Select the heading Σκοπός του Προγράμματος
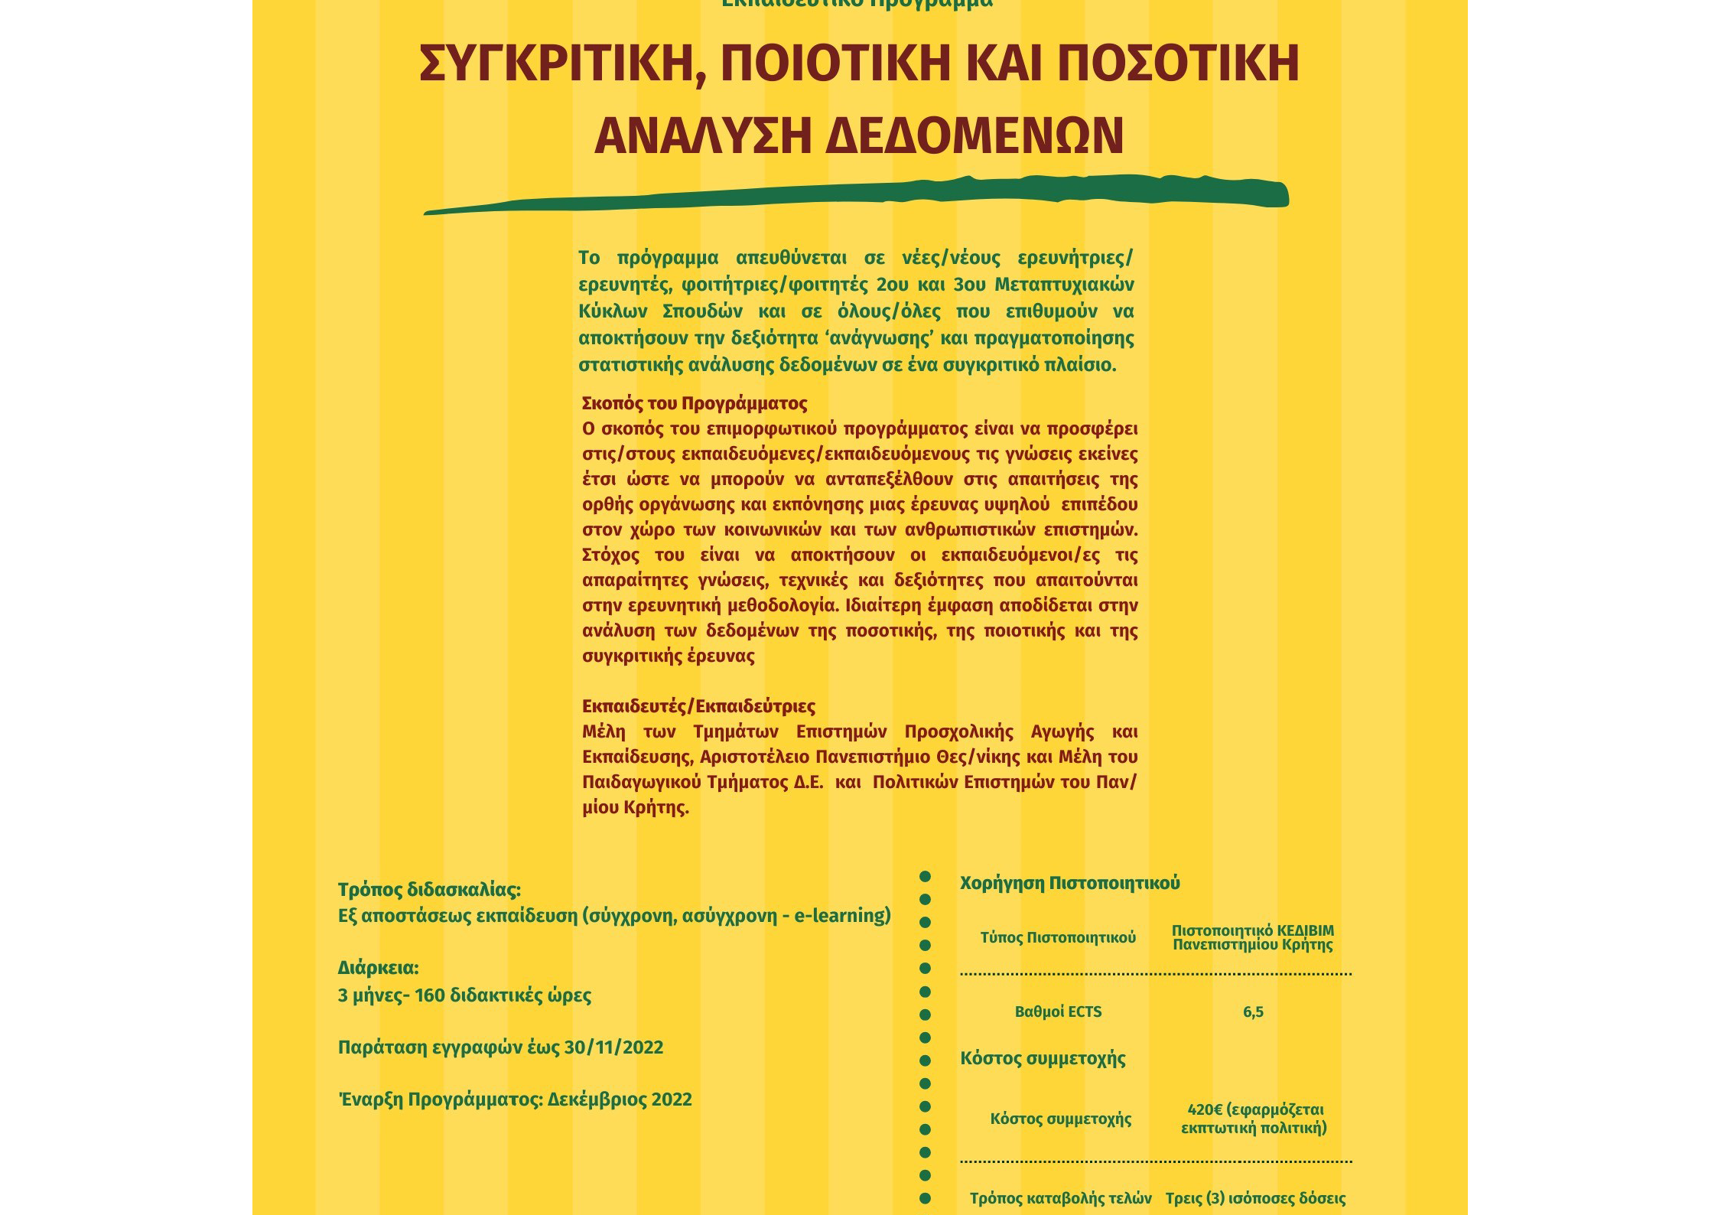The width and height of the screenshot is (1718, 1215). coord(695,403)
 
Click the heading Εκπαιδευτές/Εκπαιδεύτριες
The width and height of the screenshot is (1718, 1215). coord(698,706)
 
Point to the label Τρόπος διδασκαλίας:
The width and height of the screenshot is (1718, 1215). coord(429,890)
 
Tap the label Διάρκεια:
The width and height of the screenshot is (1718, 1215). coord(378,968)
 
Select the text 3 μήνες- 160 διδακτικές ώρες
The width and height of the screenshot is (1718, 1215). coord(464,995)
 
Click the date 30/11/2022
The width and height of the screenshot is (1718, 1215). coord(613,1047)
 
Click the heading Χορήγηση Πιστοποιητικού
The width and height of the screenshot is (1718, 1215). coord(1069,883)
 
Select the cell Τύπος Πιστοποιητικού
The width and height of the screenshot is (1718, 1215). coord(1058,938)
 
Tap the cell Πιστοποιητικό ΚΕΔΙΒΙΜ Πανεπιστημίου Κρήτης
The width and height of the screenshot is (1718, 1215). coord(1252,938)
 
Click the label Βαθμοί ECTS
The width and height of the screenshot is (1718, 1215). coord(1058,1012)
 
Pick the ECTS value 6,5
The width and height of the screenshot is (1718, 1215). coord(1253,1012)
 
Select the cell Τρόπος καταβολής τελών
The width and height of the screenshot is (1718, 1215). coord(1060,1198)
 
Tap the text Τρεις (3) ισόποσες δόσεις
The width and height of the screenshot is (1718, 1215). coord(1255,1198)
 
